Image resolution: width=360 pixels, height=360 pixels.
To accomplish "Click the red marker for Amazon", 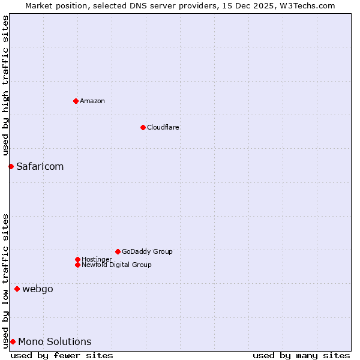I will pyautogui.click(x=76, y=101).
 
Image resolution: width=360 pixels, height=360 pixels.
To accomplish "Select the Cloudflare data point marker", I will pyautogui.click(x=143, y=127).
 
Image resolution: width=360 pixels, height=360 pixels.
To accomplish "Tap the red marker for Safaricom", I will pyautogui.click(x=11, y=166).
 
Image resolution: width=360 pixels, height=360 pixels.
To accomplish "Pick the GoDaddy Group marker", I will pyautogui.click(x=118, y=251).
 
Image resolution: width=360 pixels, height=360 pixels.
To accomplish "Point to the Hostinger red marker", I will pyautogui.click(x=77, y=259).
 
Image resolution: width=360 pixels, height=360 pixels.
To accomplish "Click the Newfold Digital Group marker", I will pyautogui.click(x=77, y=265).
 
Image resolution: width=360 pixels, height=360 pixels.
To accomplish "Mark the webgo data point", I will pyautogui.click(x=17, y=289).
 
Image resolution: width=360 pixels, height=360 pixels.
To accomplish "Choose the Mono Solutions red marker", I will pyautogui.click(x=13, y=341).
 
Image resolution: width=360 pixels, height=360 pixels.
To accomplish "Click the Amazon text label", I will pyautogui.click(x=92, y=101).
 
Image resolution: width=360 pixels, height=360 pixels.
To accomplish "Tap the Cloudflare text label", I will pyautogui.click(x=163, y=127).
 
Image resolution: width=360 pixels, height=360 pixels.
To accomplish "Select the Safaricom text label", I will pyautogui.click(x=40, y=166).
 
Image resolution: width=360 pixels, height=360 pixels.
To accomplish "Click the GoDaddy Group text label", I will pyautogui.click(x=147, y=251).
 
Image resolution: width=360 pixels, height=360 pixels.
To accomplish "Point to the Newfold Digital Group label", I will pyautogui.click(x=116, y=265).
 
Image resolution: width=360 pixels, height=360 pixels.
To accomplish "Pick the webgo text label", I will pyautogui.click(x=38, y=289).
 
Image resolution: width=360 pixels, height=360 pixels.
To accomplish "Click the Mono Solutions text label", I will pyautogui.click(x=55, y=341).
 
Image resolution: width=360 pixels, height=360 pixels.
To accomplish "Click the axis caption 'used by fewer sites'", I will pyautogui.click(x=62, y=355).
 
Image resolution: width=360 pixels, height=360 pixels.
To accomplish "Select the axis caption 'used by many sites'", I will pyautogui.click(x=301, y=355).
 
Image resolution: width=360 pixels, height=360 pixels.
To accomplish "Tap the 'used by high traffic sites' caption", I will pyautogui.click(x=5, y=86).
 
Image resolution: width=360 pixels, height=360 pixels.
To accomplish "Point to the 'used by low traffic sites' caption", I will pyautogui.click(x=5, y=281).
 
